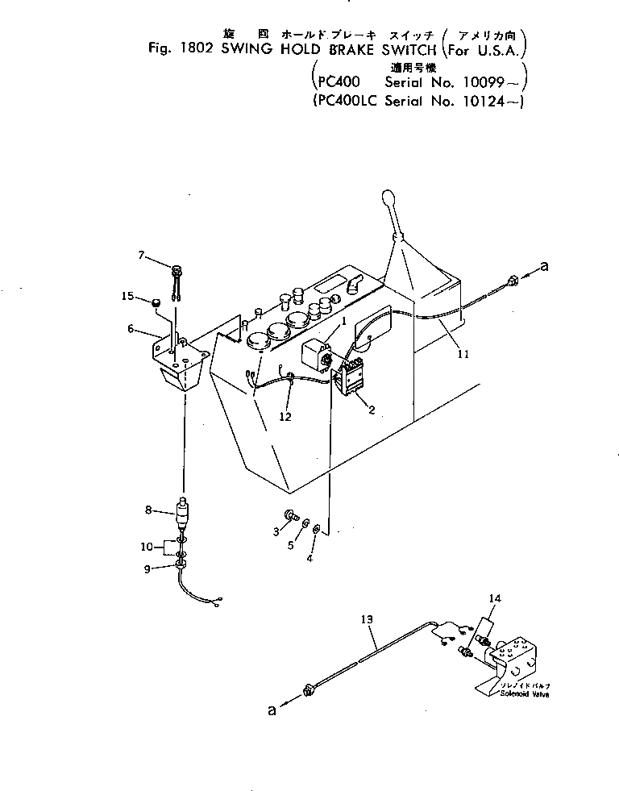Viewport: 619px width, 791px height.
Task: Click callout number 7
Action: tap(141, 256)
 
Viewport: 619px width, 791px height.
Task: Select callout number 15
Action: tap(127, 297)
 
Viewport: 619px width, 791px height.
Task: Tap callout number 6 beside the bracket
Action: tap(130, 329)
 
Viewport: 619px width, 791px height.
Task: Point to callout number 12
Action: tap(285, 417)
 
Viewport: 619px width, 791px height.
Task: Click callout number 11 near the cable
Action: tap(459, 352)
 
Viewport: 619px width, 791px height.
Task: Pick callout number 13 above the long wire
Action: tap(367, 619)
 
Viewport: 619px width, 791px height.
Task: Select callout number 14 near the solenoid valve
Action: tap(495, 597)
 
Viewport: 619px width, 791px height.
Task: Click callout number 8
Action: tap(148, 510)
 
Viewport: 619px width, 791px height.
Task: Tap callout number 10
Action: tap(145, 547)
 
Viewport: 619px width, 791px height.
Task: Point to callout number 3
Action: tap(276, 531)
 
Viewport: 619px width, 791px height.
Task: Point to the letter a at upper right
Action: tap(544, 267)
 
